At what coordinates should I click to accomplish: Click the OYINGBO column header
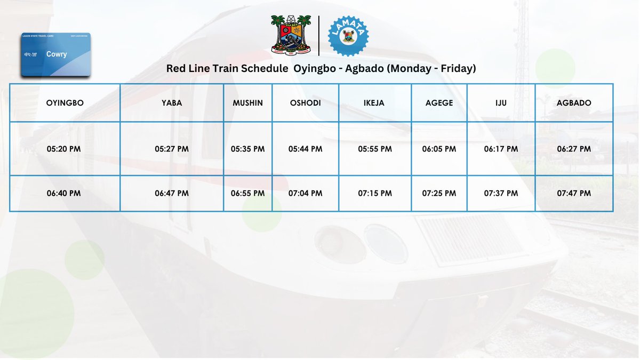tap(65, 103)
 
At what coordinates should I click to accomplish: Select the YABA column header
tap(172, 103)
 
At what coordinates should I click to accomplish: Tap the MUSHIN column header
tap(247, 103)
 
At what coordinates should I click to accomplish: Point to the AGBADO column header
tap(574, 103)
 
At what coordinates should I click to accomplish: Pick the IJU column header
tap(501, 103)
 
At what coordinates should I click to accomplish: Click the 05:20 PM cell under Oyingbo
tap(65, 149)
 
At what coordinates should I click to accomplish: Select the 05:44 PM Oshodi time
tap(305, 149)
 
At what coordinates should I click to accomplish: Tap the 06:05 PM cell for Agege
tap(439, 149)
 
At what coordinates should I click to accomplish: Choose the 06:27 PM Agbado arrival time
tap(574, 149)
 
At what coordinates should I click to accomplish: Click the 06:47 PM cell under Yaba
tap(172, 193)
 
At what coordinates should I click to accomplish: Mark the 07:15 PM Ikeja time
tap(375, 193)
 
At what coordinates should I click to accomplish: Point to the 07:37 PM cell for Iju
tap(501, 193)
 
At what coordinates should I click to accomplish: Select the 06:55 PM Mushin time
tap(247, 193)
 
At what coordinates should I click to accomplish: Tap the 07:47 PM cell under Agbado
tap(574, 193)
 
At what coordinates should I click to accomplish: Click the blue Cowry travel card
tap(55, 54)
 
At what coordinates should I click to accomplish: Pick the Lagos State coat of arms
tap(291, 35)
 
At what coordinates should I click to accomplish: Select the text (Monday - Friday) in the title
tap(430, 69)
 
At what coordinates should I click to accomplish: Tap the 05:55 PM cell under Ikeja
tap(375, 149)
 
